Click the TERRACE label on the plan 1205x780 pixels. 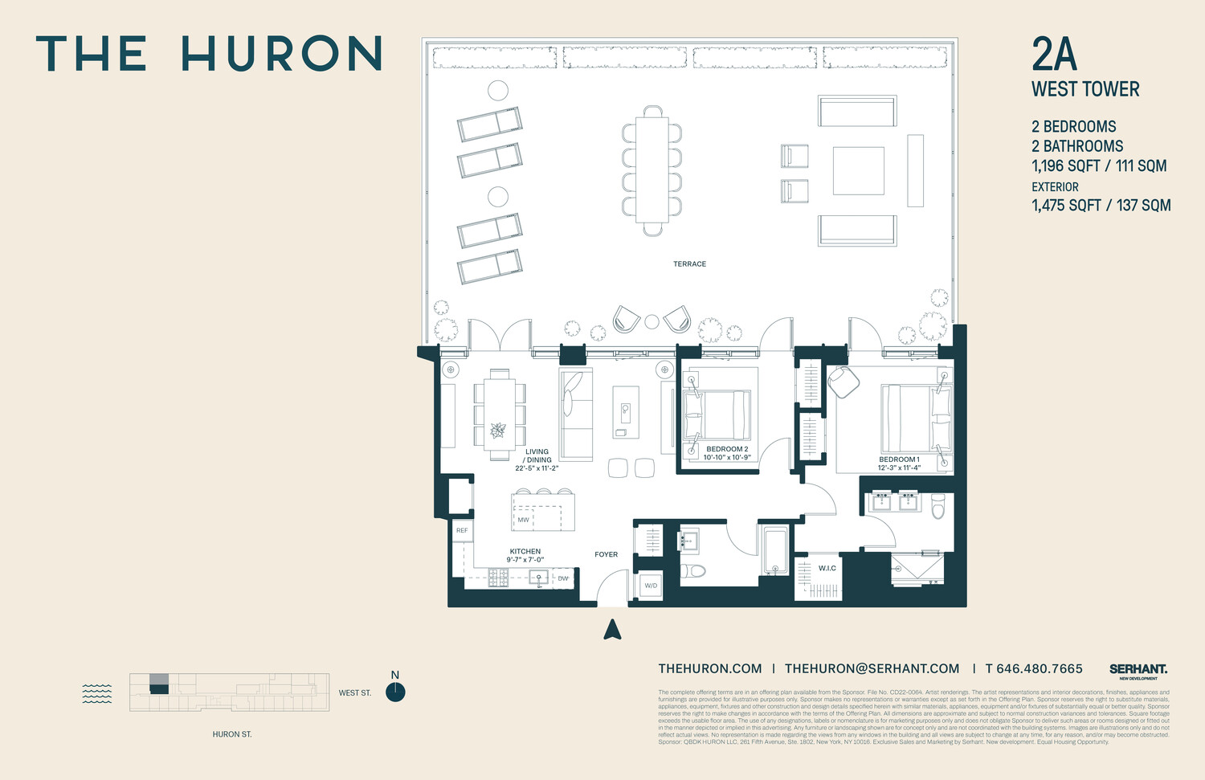coord(689,263)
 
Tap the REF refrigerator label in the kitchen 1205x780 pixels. coord(462,531)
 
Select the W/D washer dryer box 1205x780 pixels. coord(651,586)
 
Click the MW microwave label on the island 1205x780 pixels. coord(524,520)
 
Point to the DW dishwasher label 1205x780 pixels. coord(563,578)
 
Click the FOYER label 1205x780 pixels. coord(607,554)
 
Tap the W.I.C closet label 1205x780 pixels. coord(827,568)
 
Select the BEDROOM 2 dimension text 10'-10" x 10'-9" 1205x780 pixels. coord(727,458)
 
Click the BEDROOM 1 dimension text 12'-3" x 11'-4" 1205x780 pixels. coord(899,468)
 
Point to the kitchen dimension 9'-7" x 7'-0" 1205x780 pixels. coord(525,560)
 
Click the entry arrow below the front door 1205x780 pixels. coord(613,630)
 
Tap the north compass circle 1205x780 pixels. coord(395,692)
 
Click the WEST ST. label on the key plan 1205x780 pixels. coord(355,692)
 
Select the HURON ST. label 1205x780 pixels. coord(232,734)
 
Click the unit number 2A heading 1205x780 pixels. coord(1054,55)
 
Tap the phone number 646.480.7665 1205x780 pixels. coord(1040,668)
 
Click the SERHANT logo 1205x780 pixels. coord(1138,670)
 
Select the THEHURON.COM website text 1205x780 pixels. coord(710,668)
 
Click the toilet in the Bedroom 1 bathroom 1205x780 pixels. coord(938,506)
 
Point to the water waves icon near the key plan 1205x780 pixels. coord(97,693)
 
